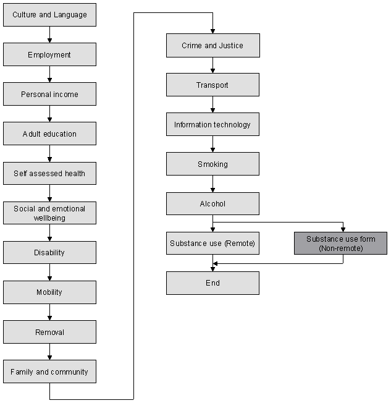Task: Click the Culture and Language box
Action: (49, 15)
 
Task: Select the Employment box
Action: (49, 54)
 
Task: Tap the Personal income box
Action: (49, 94)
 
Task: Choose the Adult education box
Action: (49, 134)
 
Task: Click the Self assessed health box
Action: (49, 173)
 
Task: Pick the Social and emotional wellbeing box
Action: (49, 213)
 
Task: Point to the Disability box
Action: (49, 253)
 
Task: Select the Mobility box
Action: (49, 292)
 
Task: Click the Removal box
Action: (49, 332)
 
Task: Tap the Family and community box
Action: (49, 371)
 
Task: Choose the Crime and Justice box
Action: (212, 45)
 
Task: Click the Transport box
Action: (212, 85)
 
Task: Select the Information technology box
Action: (212, 124)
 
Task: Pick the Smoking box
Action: (212, 164)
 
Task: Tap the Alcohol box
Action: (212, 203)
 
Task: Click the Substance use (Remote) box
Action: (212, 243)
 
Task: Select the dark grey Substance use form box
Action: (340, 243)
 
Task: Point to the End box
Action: (212, 282)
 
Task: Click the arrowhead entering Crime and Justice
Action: (212, 31)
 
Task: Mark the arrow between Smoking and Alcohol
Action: (212, 184)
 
